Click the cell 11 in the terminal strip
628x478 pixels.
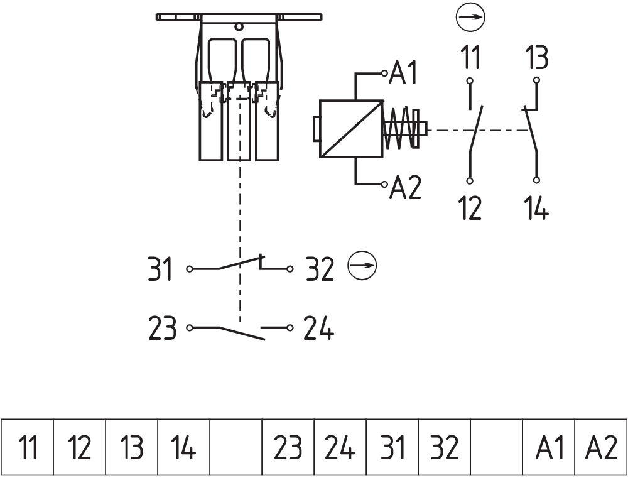(27, 448)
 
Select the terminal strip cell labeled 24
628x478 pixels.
(340, 448)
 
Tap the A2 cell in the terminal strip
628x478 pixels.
(601, 448)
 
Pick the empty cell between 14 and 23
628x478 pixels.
(235, 448)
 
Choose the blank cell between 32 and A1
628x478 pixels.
(496, 448)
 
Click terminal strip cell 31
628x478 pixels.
(392, 448)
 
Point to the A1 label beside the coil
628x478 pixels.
(405, 74)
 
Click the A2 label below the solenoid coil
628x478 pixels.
(406, 187)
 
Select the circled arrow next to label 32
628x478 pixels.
(362, 266)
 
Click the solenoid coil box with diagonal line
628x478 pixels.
(351, 129)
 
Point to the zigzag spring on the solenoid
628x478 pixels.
(399, 129)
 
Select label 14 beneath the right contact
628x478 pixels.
(536, 207)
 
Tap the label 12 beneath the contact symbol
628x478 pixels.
(470, 207)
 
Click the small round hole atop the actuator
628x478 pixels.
(239, 27)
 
